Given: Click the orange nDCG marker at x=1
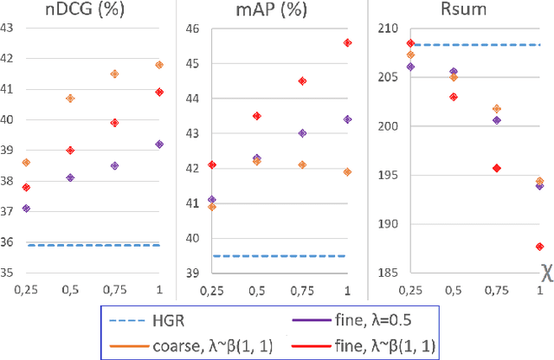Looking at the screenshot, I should [x=159, y=65].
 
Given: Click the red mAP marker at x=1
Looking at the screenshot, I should [x=348, y=42].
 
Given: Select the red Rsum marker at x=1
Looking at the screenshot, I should [x=540, y=247].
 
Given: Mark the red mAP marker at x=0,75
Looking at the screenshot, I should [x=302, y=81].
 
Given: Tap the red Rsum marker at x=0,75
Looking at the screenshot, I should [x=497, y=168].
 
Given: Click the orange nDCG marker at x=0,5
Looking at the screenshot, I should [x=70, y=99].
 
